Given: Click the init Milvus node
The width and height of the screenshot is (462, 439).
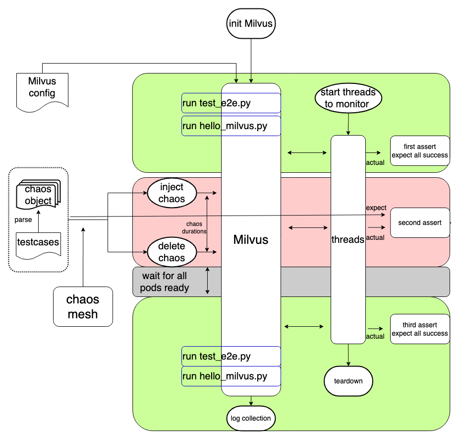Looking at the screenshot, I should [251, 23].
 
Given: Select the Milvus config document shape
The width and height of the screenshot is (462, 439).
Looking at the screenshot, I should [42, 88].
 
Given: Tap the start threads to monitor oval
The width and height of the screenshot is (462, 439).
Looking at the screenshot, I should [348, 98].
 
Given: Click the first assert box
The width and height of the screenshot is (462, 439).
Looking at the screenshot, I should [420, 150].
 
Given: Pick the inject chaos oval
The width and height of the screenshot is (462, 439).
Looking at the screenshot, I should [172, 193].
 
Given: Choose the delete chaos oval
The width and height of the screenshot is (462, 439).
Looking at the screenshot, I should [172, 252].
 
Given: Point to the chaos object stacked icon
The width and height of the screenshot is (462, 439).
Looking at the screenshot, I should [38, 194].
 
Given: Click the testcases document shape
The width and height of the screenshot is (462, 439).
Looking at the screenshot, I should [38, 243].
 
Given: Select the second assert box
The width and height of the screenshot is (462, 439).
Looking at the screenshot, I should [420, 222].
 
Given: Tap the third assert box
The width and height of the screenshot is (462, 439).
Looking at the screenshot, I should [420, 329].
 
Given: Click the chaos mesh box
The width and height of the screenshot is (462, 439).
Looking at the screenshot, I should [83, 307].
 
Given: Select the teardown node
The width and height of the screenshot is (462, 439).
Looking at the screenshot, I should [348, 381].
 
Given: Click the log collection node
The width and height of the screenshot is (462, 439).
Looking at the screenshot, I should [251, 418].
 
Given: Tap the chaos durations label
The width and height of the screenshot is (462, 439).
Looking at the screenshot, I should [194, 227].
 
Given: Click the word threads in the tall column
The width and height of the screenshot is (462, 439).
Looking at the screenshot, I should [347, 239].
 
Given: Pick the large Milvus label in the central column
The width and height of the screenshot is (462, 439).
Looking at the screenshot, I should [251, 240].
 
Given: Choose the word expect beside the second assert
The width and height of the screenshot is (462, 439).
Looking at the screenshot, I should [376, 207].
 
